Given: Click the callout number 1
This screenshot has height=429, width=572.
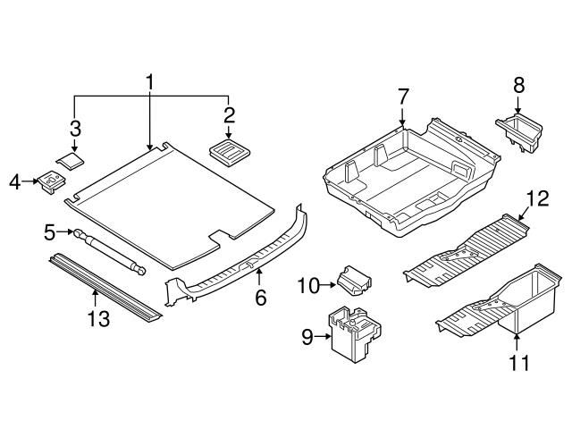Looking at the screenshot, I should click(150, 82).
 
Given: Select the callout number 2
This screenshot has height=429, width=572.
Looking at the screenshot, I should click(229, 114).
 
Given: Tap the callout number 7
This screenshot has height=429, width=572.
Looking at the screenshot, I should click(75, 127).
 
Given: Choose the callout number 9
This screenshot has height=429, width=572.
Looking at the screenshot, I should click(308, 337).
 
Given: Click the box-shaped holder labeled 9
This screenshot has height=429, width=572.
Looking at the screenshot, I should click(354, 334).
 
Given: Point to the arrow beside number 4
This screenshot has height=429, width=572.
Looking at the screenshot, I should click(29, 182).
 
